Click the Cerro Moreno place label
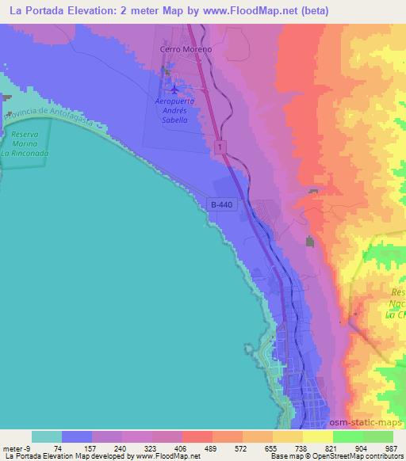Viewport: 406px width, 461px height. tap(186, 48)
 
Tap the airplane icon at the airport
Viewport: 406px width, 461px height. tap(174, 89)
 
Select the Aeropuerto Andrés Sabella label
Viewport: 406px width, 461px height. tap(173, 110)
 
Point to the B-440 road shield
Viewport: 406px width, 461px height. tap(222, 204)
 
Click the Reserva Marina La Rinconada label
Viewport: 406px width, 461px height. tap(25, 143)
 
